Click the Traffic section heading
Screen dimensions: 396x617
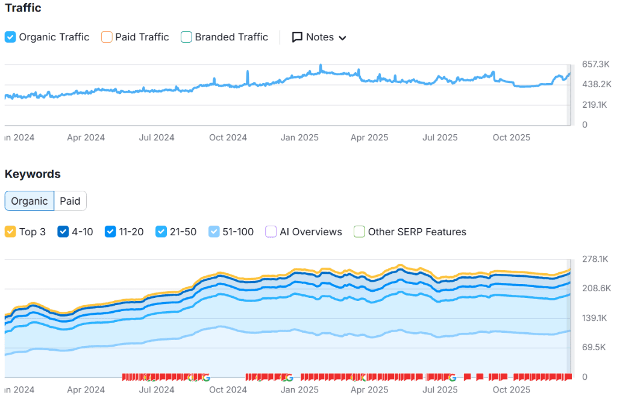pyautogui.click(x=23, y=8)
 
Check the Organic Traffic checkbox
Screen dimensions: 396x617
pyautogui.click(x=10, y=37)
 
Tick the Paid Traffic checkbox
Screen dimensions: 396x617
pyautogui.click(x=107, y=37)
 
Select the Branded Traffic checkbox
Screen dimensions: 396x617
pyautogui.click(x=187, y=37)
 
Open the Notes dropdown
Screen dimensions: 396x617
pyautogui.click(x=319, y=37)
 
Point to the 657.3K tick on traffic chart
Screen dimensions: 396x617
pyautogui.click(x=596, y=64)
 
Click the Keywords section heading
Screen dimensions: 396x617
pyautogui.click(x=33, y=174)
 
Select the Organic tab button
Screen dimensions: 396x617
pyautogui.click(x=30, y=201)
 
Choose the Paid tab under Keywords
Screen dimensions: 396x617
pyautogui.click(x=70, y=201)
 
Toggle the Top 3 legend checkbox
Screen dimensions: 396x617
pyautogui.click(x=10, y=232)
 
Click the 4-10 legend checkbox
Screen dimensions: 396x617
pyautogui.click(x=63, y=232)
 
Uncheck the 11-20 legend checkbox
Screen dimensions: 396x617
pyautogui.click(x=110, y=232)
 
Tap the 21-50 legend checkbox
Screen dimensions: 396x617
pyautogui.click(x=161, y=232)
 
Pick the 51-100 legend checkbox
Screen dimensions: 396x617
pyautogui.click(x=214, y=232)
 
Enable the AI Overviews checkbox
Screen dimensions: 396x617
pyautogui.click(x=271, y=232)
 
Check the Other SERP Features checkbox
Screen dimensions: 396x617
pyautogui.click(x=360, y=232)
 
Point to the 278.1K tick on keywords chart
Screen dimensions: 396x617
pyautogui.click(x=596, y=259)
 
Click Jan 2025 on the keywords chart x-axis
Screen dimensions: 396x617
pyautogui.click(x=299, y=390)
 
